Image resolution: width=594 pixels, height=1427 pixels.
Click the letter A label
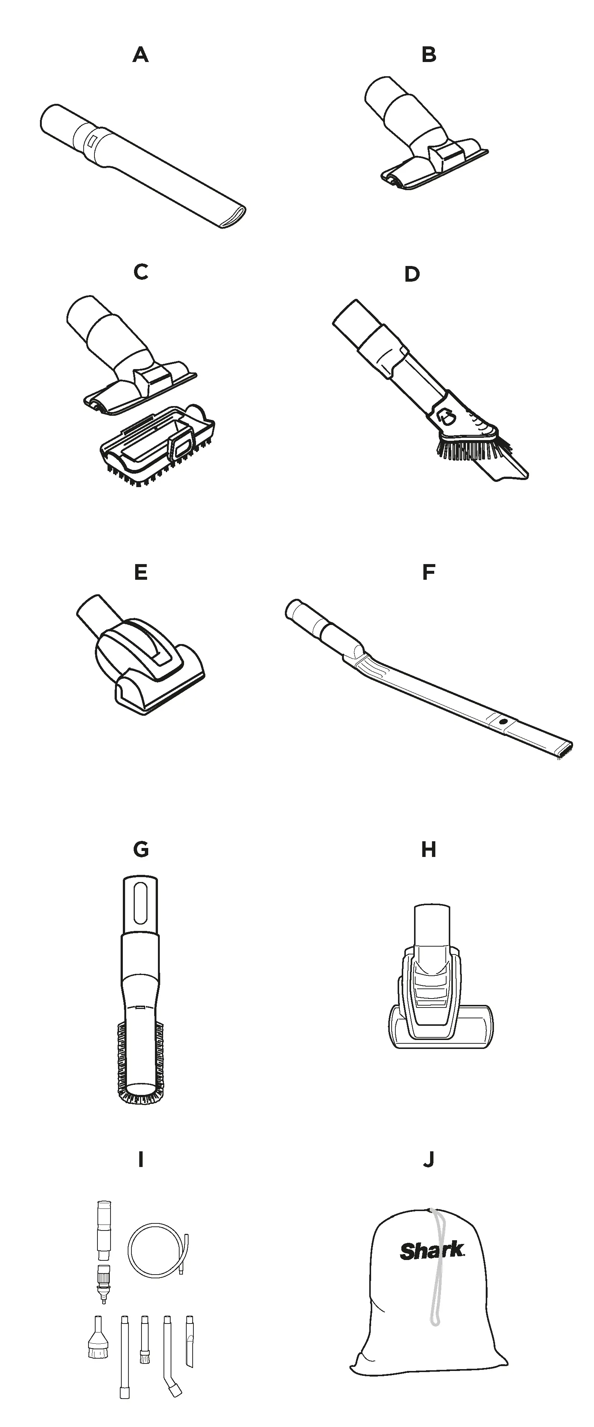point(141,55)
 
